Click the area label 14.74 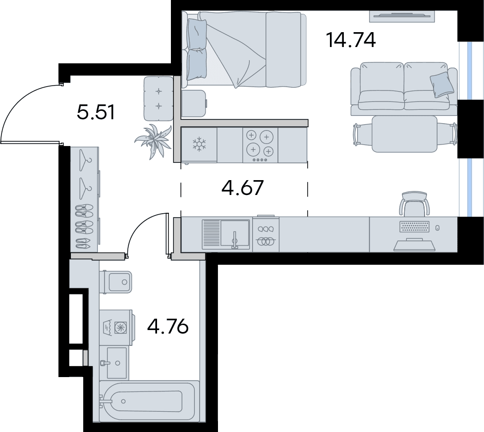351,40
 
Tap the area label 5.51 96,112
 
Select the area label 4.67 243,188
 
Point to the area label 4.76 167,326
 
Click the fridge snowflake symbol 200,144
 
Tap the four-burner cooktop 260,145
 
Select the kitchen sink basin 235,235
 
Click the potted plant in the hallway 154,141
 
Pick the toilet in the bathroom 116,282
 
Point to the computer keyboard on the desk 414,227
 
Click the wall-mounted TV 402,16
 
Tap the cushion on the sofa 442,85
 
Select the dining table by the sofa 404,134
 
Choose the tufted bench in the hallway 159,98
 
